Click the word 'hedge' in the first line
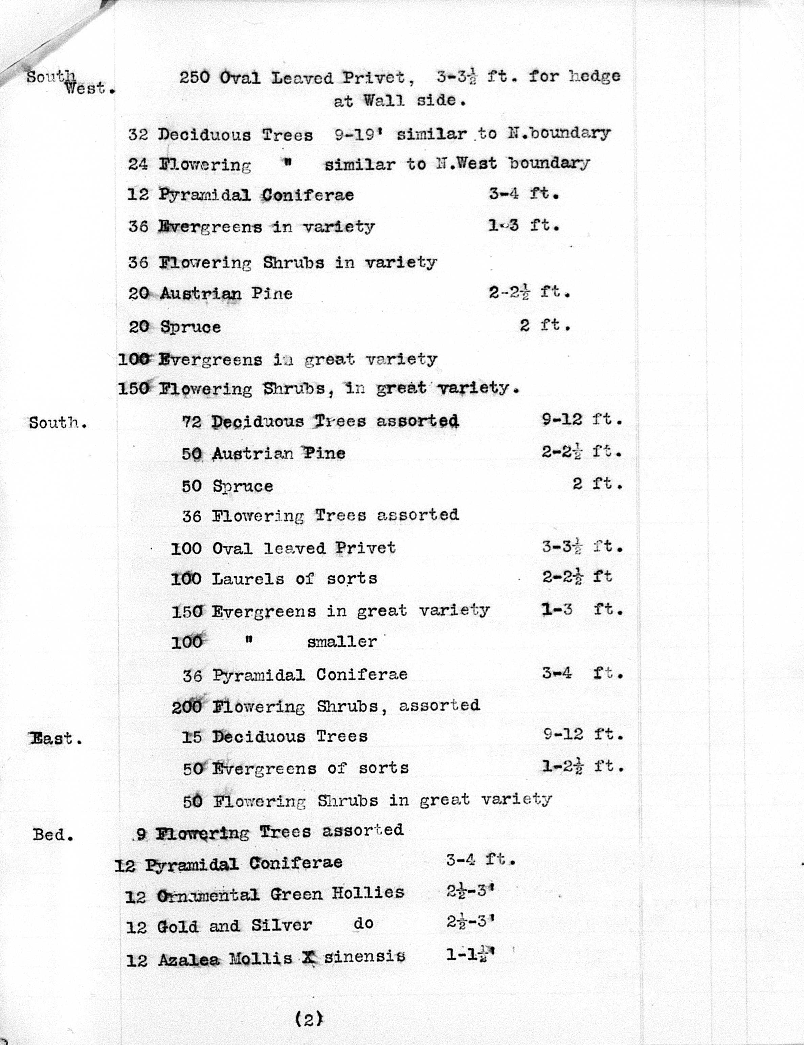[595, 76]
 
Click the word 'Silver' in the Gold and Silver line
[282, 926]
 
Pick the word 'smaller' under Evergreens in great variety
[342, 641]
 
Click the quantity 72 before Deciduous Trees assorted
[192, 422]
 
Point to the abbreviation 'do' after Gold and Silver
[363, 924]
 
